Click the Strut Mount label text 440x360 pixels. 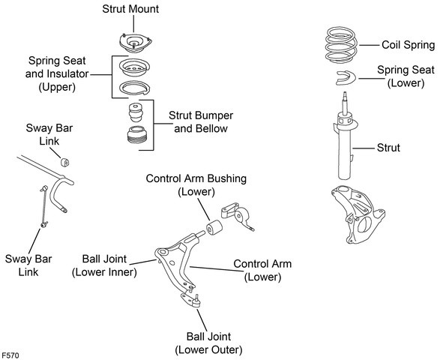130,9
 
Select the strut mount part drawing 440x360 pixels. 136,43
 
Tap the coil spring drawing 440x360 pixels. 341,45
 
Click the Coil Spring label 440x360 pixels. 409,45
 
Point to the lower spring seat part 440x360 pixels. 346,77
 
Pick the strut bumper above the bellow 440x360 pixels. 136,112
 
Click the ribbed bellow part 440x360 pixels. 137,135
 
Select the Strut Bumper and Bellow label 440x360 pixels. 201,121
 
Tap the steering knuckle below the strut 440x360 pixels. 358,214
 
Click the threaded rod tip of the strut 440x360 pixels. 345,94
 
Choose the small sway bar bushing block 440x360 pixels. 64,162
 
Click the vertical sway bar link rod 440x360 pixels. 44,206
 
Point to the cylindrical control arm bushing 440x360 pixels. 214,227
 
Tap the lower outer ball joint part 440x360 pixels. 191,300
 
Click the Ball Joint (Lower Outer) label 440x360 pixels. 208,343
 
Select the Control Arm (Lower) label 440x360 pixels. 262,271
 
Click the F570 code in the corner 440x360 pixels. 10,355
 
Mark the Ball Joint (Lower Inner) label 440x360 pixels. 104,265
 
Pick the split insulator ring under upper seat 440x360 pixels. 134,88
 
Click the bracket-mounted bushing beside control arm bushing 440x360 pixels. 238,217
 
